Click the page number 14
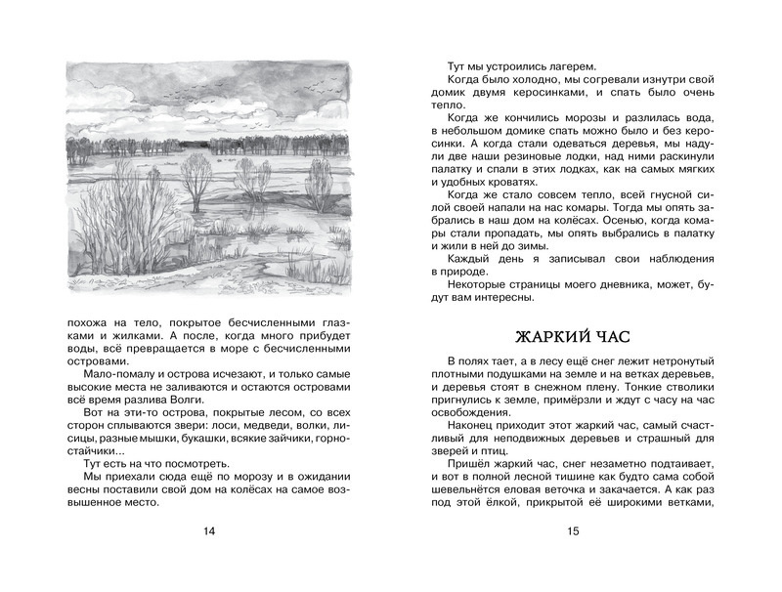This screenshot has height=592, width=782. [207, 531]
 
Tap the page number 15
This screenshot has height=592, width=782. [573, 531]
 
